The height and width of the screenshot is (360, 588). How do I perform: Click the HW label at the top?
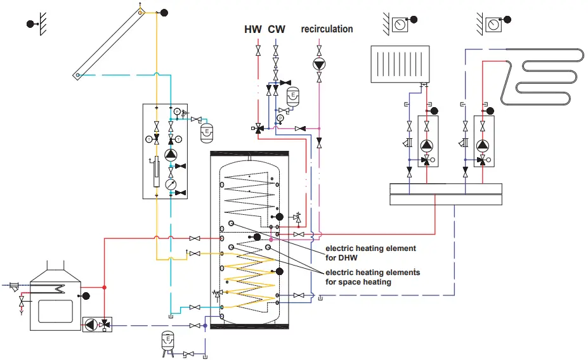click(253, 29)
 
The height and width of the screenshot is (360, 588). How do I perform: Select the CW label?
click(277, 29)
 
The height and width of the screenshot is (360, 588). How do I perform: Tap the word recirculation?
click(327, 29)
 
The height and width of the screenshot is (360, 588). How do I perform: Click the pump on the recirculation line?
click(319, 64)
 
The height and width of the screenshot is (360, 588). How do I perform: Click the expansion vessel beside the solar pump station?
click(206, 132)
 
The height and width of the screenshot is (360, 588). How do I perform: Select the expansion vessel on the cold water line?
click(292, 97)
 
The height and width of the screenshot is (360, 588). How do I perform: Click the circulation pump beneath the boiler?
click(91, 325)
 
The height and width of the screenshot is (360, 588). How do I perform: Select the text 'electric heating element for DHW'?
click(370, 252)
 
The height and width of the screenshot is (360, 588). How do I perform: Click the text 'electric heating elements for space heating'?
click(372, 277)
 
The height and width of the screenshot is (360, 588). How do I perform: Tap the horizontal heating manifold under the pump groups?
click(446, 194)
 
